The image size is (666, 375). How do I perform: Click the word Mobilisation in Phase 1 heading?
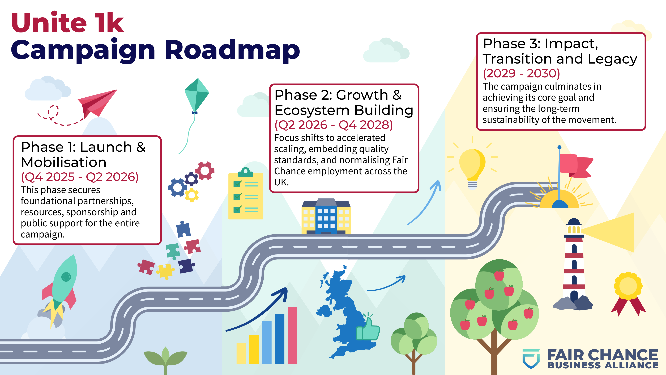(64, 162)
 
